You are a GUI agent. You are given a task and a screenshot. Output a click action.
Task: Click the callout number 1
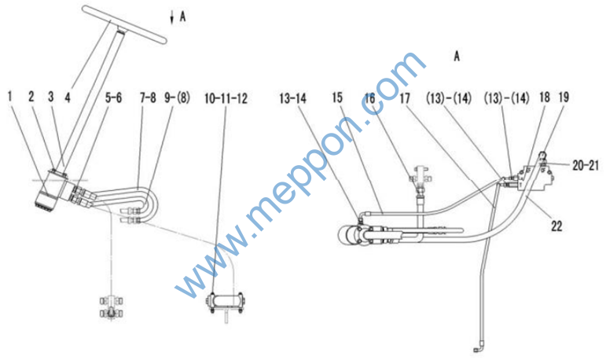tap(9, 97)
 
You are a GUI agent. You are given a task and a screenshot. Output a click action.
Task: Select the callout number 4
tap(68, 97)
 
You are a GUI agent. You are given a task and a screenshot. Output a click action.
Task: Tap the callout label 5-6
tap(113, 97)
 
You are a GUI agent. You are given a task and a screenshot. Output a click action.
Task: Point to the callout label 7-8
tap(148, 97)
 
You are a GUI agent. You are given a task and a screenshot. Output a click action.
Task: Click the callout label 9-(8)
tap(178, 97)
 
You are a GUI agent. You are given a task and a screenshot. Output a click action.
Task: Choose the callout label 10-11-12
tap(226, 98)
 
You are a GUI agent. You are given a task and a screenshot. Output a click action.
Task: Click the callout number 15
tap(337, 97)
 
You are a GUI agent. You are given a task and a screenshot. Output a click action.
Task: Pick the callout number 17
tap(404, 98)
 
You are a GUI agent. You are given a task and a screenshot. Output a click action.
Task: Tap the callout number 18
tap(544, 97)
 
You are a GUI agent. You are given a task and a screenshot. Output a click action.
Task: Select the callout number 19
tap(564, 97)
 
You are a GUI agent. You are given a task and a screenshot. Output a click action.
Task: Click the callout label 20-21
tap(586, 166)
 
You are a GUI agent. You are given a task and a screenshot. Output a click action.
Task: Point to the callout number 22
tap(556, 226)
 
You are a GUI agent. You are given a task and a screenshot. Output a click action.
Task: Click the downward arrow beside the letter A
tap(172, 18)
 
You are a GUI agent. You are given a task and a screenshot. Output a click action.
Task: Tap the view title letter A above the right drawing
tap(457, 57)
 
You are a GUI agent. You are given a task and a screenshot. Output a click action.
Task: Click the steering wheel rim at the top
tap(124, 24)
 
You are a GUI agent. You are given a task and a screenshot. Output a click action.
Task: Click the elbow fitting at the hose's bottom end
tap(478, 348)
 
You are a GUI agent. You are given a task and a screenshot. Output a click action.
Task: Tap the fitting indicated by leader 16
tap(421, 176)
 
